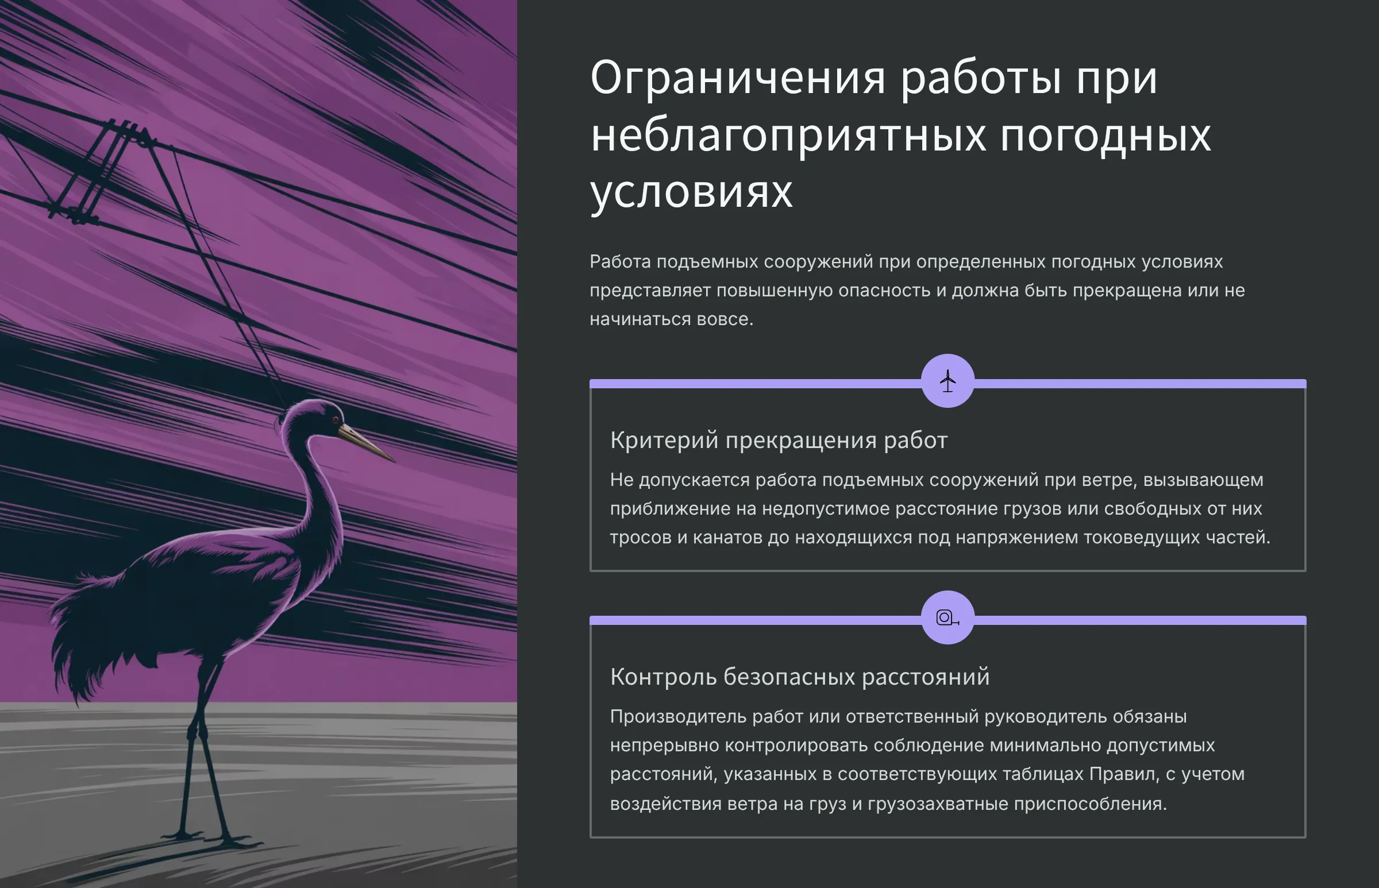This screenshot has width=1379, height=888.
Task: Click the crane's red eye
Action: tap(335, 419)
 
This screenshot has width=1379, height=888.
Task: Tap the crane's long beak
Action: tap(367, 443)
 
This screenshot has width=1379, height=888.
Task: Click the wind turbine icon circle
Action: tap(947, 381)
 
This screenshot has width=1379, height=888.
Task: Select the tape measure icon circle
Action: tap(947, 617)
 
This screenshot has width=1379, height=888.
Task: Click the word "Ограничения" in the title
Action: tap(738, 78)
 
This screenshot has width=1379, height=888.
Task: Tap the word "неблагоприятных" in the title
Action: tap(788, 137)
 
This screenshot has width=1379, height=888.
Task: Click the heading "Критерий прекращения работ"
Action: tap(779, 441)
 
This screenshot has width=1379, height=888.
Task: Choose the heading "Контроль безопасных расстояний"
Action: tap(799, 677)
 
